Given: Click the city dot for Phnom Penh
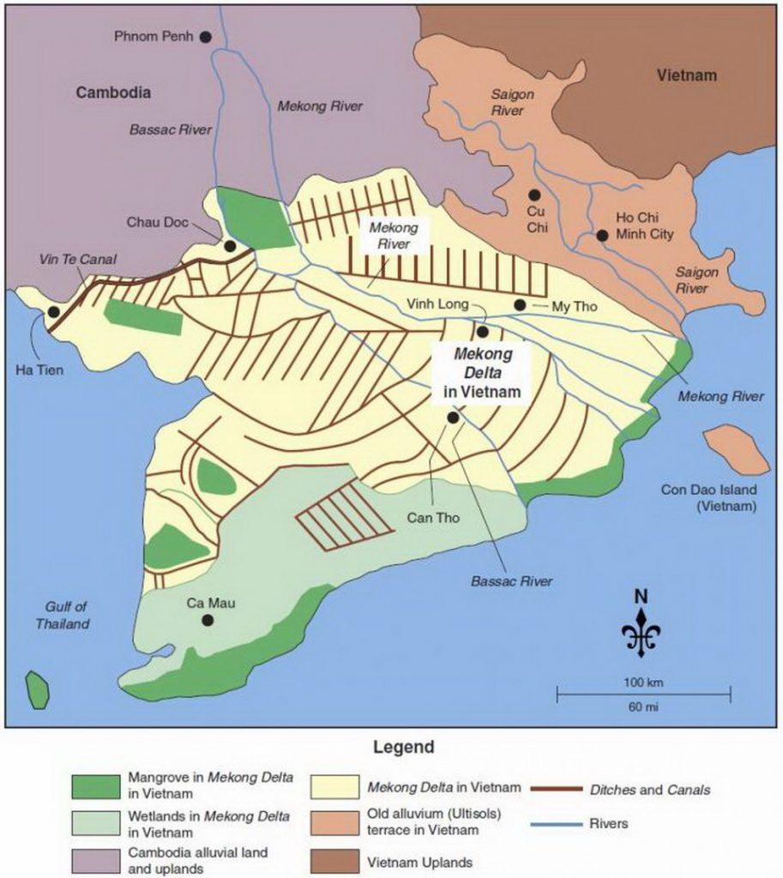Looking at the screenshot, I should (205, 36).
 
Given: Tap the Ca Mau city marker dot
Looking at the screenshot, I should (206, 620).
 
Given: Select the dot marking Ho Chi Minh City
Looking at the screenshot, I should (603, 235).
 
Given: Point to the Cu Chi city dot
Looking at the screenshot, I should (534, 195).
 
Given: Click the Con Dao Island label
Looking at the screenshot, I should (708, 498).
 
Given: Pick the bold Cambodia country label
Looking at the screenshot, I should (113, 92).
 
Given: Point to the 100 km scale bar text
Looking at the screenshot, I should (643, 683).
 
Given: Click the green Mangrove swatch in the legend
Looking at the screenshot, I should (94, 785).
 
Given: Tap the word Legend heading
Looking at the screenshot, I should (403, 747).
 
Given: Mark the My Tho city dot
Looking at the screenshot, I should (520, 305).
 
